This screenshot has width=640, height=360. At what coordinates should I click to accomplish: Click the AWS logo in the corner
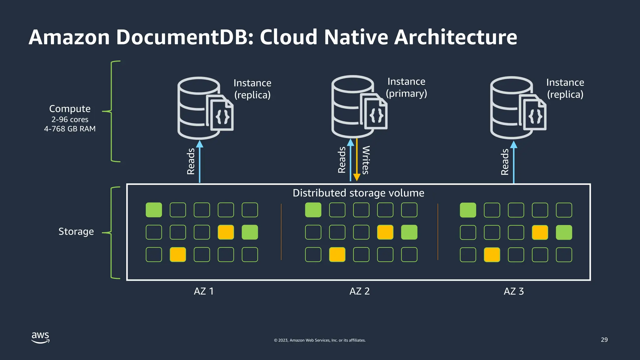point(40,337)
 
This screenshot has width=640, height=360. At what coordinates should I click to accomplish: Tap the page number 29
point(604,340)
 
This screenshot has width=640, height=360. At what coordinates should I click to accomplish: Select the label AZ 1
point(204,291)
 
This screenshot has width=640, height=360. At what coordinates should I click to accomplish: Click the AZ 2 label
point(359,291)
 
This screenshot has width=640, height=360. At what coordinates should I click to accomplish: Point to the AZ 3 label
point(514,291)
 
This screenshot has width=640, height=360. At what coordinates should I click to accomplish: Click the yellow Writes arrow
point(357,162)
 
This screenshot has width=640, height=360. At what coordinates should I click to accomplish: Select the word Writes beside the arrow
point(366,160)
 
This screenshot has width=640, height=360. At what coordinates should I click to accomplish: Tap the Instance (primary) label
point(406,87)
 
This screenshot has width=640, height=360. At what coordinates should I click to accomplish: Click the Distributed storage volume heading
point(358,193)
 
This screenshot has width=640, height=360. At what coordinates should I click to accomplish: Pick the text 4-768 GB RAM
point(70,129)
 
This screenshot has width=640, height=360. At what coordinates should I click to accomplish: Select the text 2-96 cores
point(70,119)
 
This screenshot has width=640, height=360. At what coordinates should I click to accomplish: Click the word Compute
point(70,109)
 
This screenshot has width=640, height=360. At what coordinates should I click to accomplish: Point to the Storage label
point(76,232)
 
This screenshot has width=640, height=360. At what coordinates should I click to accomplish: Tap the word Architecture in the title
point(455,37)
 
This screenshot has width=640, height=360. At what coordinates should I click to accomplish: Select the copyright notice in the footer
point(320,340)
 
